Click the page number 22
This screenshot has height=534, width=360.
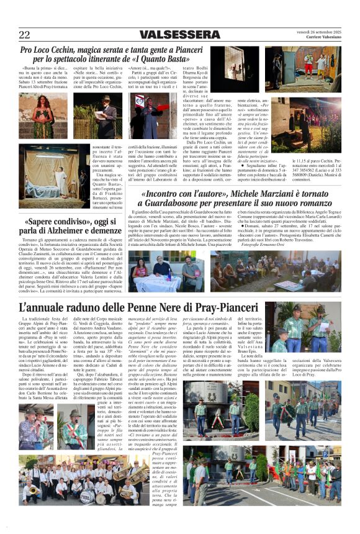click(x=25, y=35)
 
